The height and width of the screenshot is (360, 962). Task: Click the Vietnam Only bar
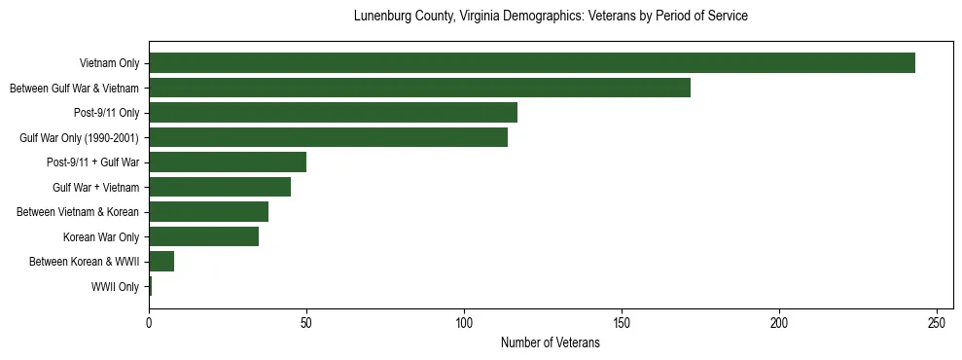point(532,63)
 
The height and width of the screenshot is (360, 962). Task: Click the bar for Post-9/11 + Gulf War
point(228,162)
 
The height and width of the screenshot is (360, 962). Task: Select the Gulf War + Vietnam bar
point(220,187)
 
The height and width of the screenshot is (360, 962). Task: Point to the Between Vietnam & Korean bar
point(208,212)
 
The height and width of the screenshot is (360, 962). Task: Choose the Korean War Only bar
point(203,236)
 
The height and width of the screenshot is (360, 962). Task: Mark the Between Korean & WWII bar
point(161,262)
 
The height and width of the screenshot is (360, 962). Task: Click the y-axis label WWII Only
point(115,287)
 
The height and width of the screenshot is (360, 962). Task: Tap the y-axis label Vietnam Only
point(109,64)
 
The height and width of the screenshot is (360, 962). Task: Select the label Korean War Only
point(101,237)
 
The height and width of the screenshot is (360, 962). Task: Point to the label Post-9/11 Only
point(106,114)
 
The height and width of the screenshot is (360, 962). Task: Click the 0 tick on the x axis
point(149,323)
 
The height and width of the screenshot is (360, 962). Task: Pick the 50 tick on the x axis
point(306,323)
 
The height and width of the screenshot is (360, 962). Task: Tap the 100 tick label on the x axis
point(464,323)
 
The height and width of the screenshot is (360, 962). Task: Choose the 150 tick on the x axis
point(622,323)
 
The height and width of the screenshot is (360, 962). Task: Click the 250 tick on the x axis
point(937,323)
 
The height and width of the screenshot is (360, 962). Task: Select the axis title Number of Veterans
point(550,342)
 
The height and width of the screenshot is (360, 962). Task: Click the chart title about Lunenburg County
point(550,17)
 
